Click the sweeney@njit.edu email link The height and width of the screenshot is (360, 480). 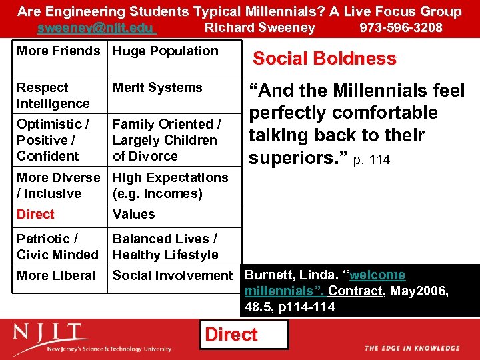tap(97, 28)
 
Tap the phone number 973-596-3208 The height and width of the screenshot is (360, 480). tap(401, 28)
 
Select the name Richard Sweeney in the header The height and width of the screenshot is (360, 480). tap(259, 28)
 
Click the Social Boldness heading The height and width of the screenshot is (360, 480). tap(324, 59)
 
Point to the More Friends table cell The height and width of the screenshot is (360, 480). tap(58, 51)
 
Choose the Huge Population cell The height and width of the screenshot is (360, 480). tap(165, 51)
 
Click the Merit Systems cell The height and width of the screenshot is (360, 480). tap(157, 88)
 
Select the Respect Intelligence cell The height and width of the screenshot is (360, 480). tap(53, 95)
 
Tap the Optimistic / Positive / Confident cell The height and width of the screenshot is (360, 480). tap(53, 140)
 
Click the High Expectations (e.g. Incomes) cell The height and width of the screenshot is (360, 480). tap(170, 185)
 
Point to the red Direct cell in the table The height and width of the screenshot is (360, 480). tap(35, 215)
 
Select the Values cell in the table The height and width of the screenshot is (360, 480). tap(133, 215)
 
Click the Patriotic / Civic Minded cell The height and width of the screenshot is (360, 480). tap(57, 247)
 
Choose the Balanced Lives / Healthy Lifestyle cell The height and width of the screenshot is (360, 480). tap(165, 247)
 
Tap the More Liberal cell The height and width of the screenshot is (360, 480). tap(56, 275)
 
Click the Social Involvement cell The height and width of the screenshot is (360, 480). tap(173, 275)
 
